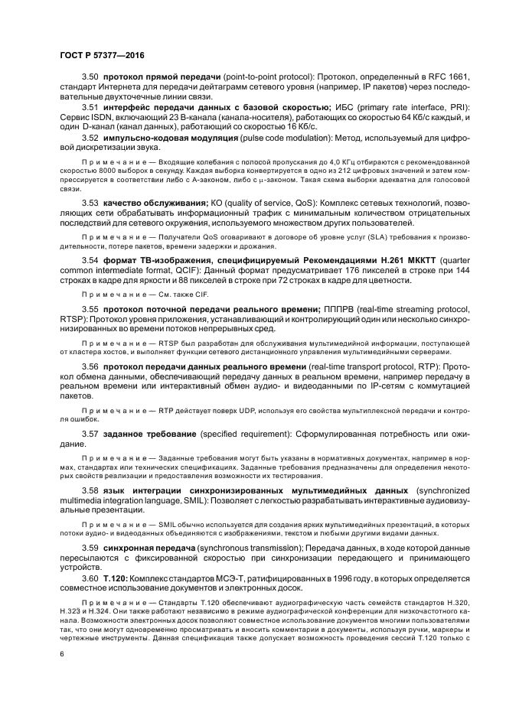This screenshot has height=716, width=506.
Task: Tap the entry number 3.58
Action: [90, 489]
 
